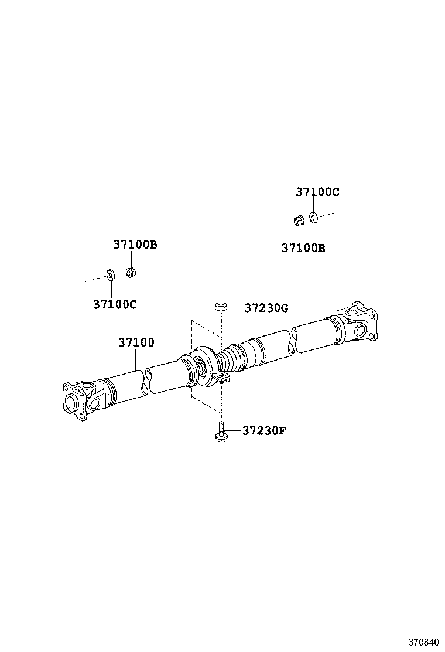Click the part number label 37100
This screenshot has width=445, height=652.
click(136, 342)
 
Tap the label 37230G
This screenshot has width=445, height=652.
click(266, 308)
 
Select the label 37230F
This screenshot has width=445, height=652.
click(265, 431)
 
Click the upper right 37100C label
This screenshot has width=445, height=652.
click(317, 192)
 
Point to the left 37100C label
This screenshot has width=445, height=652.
click(115, 304)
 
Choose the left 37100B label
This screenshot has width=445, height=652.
click(135, 245)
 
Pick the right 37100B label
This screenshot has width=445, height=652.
click(303, 248)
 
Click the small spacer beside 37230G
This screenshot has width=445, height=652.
click(221, 306)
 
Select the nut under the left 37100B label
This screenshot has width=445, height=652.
click(131, 272)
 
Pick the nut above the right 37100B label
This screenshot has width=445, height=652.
click(297, 221)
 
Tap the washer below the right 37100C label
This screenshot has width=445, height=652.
click(313, 218)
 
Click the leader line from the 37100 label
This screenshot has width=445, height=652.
click(136, 359)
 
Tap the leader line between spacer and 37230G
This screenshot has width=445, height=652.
click(235, 307)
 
